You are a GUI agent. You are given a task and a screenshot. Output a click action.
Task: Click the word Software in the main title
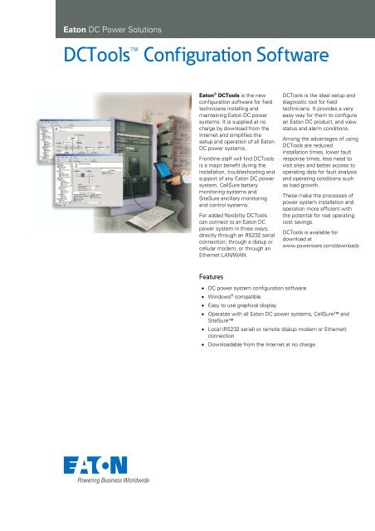point(267,56)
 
